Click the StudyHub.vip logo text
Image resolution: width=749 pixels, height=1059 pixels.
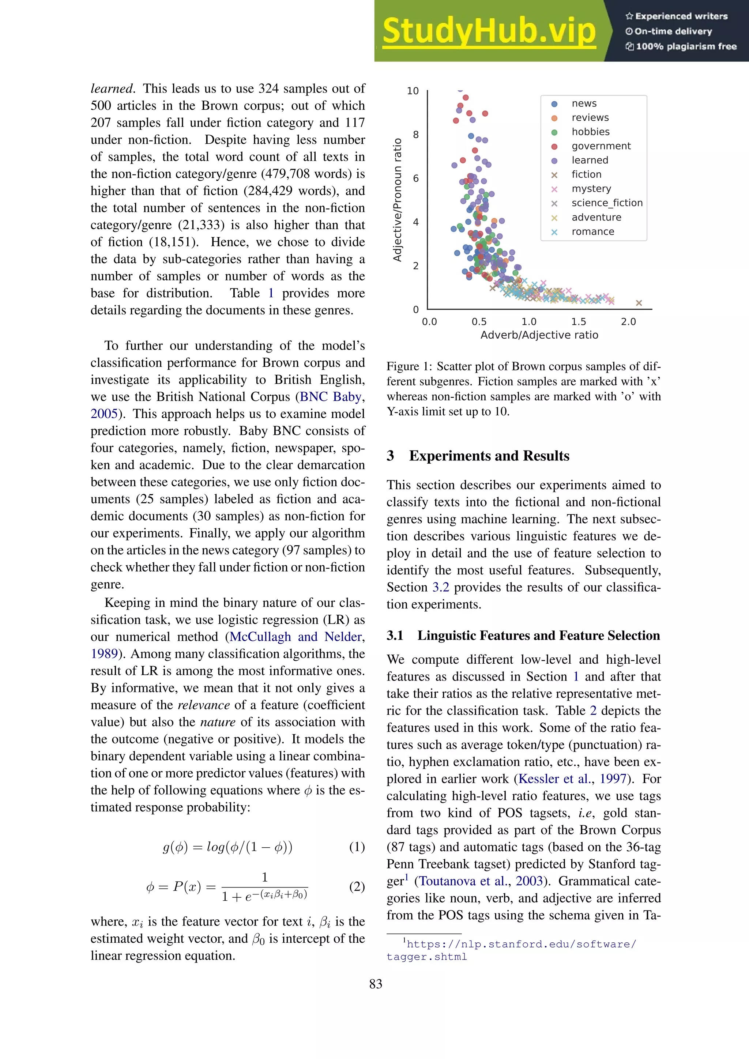point(489,31)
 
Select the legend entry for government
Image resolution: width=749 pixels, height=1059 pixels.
point(601,146)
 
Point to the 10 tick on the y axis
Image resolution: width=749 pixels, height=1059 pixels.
point(413,91)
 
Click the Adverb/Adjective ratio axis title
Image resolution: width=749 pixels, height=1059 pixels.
point(539,335)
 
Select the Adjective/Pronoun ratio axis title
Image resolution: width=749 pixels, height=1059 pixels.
point(397,200)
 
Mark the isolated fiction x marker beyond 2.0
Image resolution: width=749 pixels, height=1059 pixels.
point(639,303)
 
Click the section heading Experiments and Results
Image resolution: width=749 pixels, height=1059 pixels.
point(489,456)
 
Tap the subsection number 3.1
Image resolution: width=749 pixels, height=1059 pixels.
point(395,636)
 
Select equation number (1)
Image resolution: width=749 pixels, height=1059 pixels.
point(357,847)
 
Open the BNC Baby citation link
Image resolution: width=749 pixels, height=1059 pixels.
point(330,397)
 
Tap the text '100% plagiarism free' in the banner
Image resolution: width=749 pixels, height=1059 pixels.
point(686,46)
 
